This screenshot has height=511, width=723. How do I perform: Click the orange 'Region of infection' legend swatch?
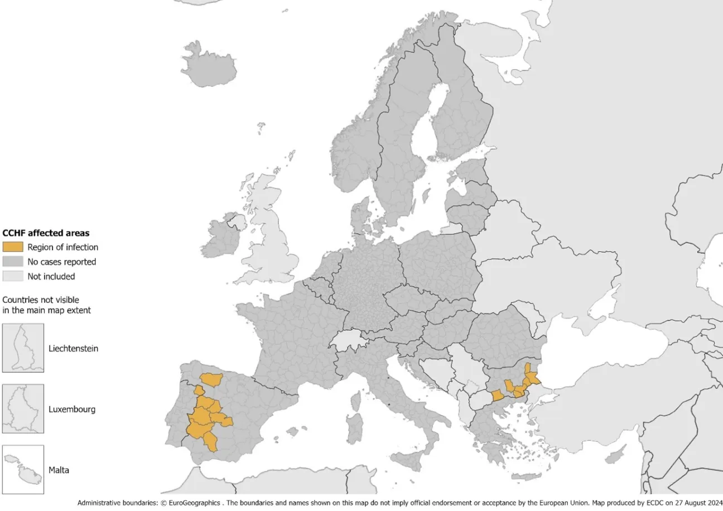pos(13,247)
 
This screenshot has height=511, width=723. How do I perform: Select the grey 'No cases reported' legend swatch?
pos(13,262)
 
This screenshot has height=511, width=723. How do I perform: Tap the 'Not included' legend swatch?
pos(13,276)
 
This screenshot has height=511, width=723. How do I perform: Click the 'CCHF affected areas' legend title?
pos(46,233)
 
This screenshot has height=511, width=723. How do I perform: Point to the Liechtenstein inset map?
pos(23,348)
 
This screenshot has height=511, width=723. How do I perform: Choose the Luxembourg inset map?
pos(23,409)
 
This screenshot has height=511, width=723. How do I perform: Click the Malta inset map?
pos(23,470)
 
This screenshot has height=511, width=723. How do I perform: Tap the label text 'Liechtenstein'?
pos(73,349)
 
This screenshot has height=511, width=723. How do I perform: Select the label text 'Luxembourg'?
pos(72,409)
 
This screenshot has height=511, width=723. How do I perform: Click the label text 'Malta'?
pos(59,470)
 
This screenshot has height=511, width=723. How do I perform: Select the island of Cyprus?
pos(614,457)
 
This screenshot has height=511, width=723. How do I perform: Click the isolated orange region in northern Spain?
pos(211,379)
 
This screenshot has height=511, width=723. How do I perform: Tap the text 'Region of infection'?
pos(63,247)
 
